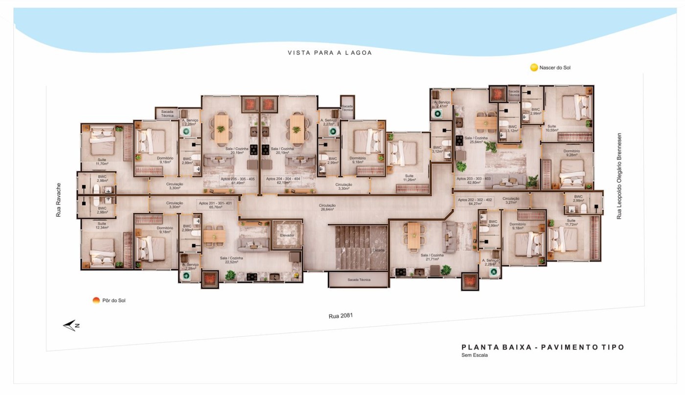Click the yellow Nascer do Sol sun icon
pyautogui.click(x=534, y=68)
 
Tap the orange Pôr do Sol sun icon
pyautogui.click(x=96, y=300)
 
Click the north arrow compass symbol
pyautogui.click(x=71, y=325)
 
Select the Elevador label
pyautogui.click(x=287, y=235)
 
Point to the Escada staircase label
pyautogui.click(x=378, y=250)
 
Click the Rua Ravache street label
pyautogui.click(x=58, y=200)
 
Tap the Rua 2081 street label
pyautogui.click(x=341, y=316)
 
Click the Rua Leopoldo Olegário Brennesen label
pyautogui.click(x=619, y=176)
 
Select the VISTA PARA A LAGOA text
pyautogui.click(x=330, y=53)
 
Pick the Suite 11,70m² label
pyautogui.click(x=102, y=161)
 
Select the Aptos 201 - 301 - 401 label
pyautogui.click(x=215, y=205)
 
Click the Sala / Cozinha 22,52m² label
pyautogui.click(x=231, y=260)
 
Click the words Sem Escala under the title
pyautogui.click(x=474, y=355)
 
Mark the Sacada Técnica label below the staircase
pyautogui.click(x=359, y=280)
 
